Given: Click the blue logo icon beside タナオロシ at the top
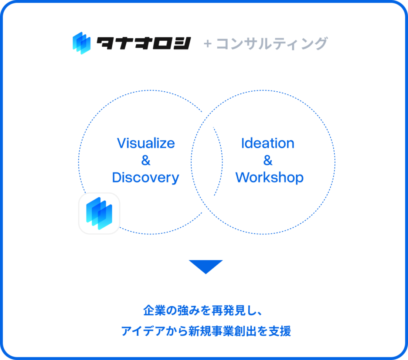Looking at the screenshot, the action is click(x=82, y=43).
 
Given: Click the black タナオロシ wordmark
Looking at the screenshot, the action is click(x=144, y=43).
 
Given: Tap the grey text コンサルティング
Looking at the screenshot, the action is click(x=272, y=43).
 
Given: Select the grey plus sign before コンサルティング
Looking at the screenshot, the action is click(x=207, y=44).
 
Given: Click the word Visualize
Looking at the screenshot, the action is click(x=146, y=143).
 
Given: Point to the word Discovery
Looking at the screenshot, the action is click(x=145, y=178).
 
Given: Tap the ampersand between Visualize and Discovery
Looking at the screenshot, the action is click(x=146, y=160).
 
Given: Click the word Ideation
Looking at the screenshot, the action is click(x=268, y=143).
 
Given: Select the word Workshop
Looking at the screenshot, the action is click(x=269, y=177).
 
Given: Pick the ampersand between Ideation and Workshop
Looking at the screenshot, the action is click(x=268, y=160).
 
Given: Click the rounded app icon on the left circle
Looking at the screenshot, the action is click(x=99, y=213).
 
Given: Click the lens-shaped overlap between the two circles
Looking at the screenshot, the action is click(x=207, y=162).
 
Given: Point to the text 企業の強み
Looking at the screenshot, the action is click(x=166, y=310).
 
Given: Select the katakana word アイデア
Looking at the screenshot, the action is click(x=143, y=331).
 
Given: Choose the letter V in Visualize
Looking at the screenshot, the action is click(x=122, y=143).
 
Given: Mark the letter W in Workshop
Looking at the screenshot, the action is click(x=243, y=177).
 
